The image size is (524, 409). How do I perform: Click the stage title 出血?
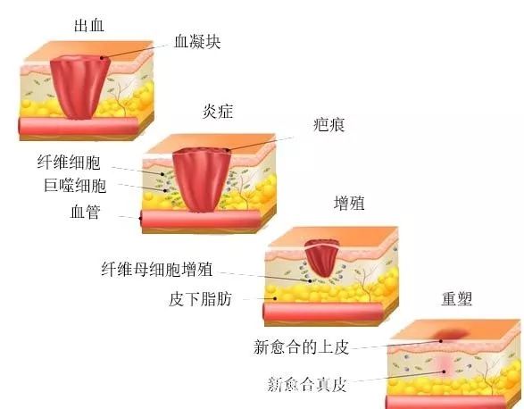[x=89, y=25]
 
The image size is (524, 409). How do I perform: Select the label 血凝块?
[x=197, y=42]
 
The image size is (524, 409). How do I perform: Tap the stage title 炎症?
[x=218, y=111]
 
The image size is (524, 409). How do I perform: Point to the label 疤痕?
[x=329, y=125]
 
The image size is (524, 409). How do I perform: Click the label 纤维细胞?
[x=69, y=163]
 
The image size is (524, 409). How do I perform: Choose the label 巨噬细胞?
[x=75, y=185]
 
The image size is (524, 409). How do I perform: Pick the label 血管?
[x=86, y=212]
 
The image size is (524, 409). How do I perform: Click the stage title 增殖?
[x=349, y=203]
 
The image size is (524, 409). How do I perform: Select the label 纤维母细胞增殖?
[x=157, y=269]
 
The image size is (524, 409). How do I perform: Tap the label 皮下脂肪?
[x=200, y=298]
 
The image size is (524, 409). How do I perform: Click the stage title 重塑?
[x=456, y=298]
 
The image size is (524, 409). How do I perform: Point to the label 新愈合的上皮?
[x=301, y=346]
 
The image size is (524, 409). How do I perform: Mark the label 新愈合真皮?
[x=307, y=384]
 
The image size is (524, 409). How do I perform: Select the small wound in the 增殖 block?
[x=322, y=257]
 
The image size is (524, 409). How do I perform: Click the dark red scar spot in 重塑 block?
[x=451, y=333]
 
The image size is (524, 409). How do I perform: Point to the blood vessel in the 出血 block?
[x=79, y=126]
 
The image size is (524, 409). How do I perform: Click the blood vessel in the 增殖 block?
[x=323, y=312]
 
